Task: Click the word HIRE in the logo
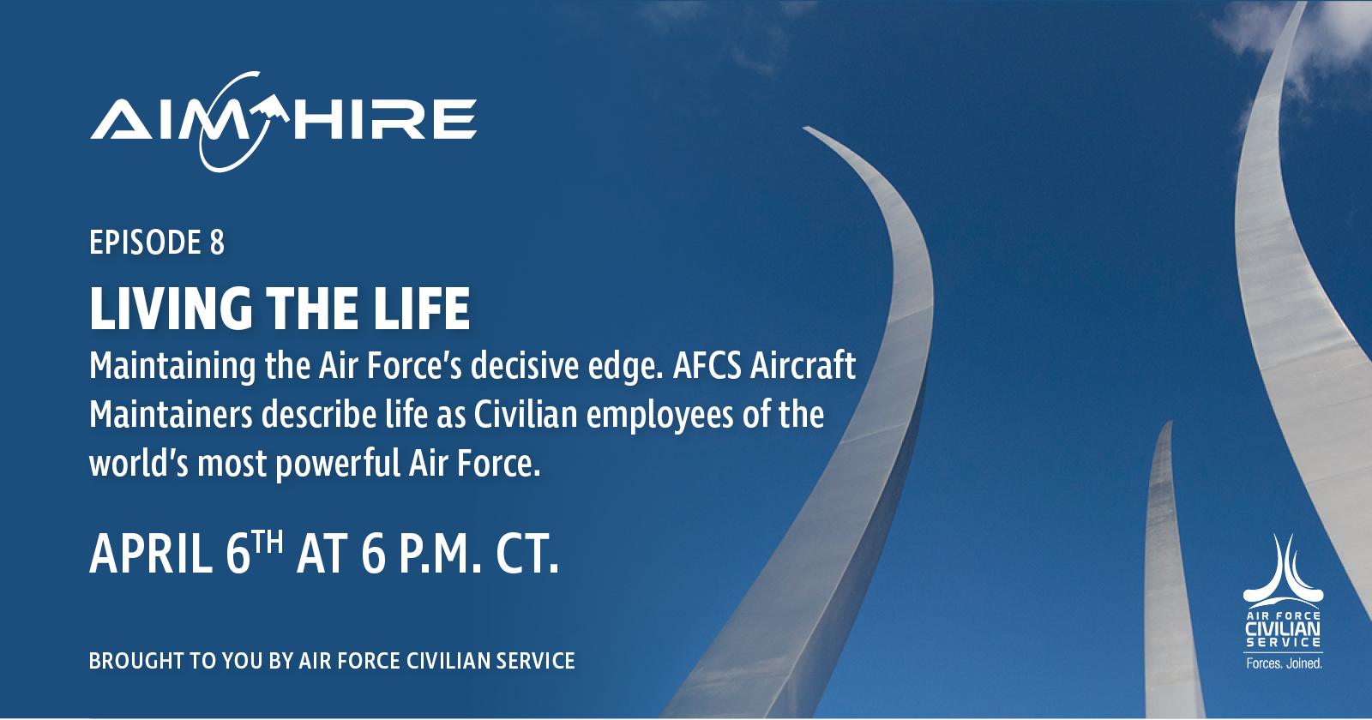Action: click(x=385, y=119)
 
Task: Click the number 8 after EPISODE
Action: click(x=218, y=243)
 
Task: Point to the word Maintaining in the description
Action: click(x=172, y=367)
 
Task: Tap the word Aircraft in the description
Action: click(x=803, y=365)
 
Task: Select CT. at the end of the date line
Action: click(x=527, y=554)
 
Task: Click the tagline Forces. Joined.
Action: click(x=1284, y=663)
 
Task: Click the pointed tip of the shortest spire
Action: click(x=1170, y=422)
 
